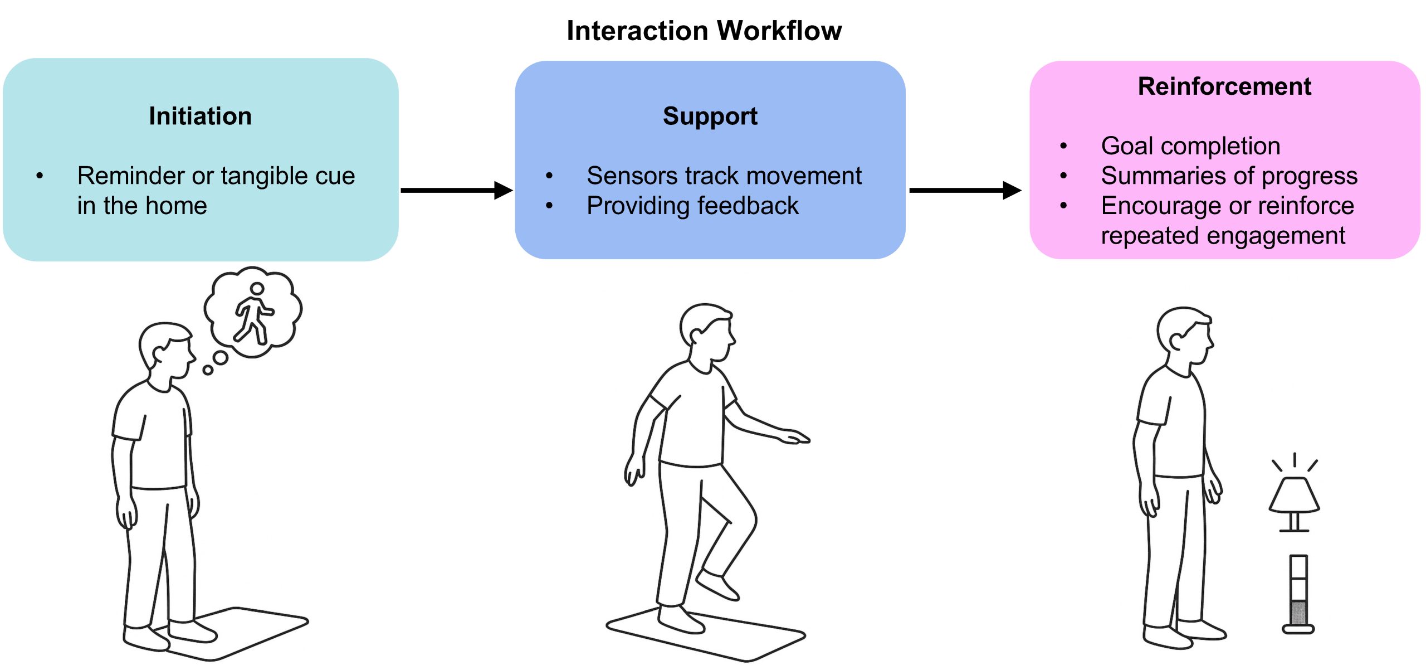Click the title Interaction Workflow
coord(704,31)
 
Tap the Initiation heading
coord(200,116)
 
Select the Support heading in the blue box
coord(710,116)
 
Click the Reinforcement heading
coord(1224,86)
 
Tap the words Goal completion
coord(1190,146)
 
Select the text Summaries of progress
coord(1229,176)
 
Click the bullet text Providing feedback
coord(692,206)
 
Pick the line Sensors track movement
coord(724,176)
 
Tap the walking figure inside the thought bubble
coord(254,314)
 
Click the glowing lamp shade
coord(1294,494)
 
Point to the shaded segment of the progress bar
coord(1298,613)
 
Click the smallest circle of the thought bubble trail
coord(208,370)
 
